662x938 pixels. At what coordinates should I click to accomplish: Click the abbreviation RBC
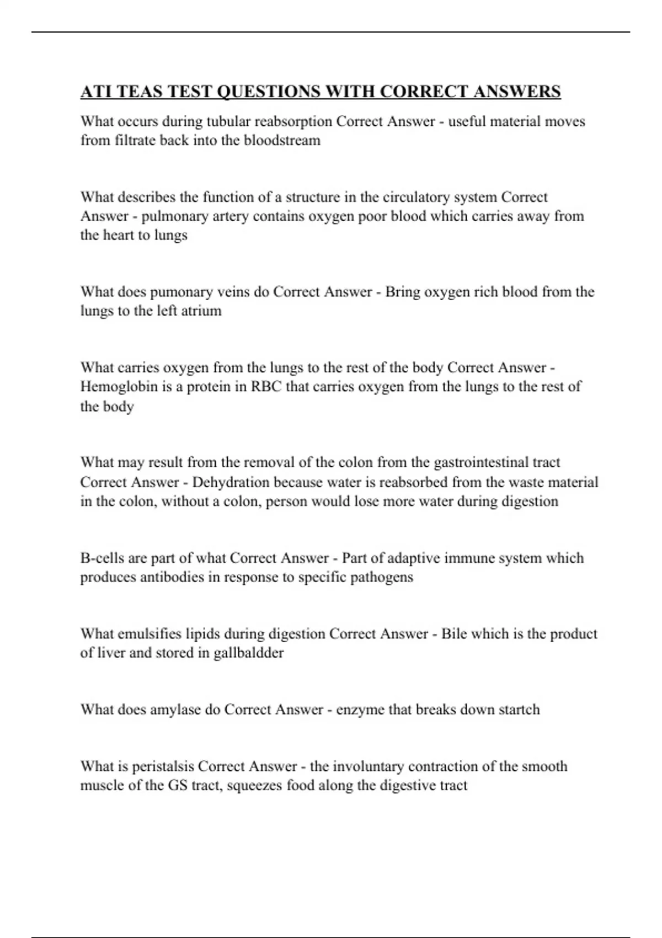[x=266, y=386]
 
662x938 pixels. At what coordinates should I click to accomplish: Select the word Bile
[x=454, y=633]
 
